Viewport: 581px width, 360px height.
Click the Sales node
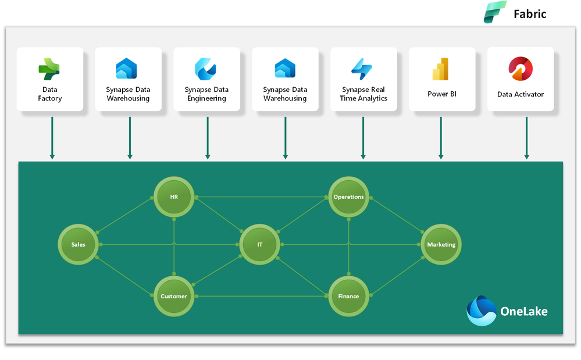coord(78,245)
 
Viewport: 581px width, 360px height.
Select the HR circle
coord(174,197)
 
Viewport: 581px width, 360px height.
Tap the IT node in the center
coord(260,245)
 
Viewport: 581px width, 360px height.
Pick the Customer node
coord(174,297)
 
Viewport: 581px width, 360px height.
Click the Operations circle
coord(348,197)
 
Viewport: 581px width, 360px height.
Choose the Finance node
coord(348,297)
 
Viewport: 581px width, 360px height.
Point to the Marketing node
coord(441,245)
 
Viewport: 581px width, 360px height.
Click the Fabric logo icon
coord(496,13)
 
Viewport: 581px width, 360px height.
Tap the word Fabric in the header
coord(530,14)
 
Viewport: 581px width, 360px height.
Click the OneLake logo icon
coord(482,311)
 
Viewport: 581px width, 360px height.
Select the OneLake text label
coord(523,312)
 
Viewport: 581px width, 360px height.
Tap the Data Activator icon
coord(520,69)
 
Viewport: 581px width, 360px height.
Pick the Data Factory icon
coord(49,69)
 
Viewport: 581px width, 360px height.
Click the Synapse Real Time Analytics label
coord(363,94)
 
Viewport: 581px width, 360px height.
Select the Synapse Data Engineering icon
coord(206,69)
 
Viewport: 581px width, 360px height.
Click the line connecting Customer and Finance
coord(262,297)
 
